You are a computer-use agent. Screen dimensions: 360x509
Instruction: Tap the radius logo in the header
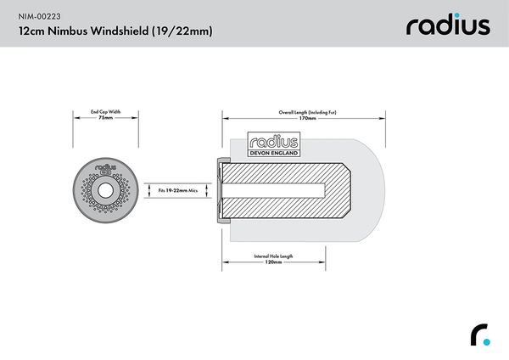point(448,25)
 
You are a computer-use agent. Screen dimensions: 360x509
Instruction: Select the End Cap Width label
point(106,111)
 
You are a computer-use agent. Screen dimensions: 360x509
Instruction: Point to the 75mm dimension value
point(106,118)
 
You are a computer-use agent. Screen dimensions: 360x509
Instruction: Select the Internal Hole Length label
point(273,256)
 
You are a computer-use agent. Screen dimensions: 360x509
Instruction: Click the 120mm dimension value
point(273,262)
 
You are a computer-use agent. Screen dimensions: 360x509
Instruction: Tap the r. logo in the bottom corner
point(480,335)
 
